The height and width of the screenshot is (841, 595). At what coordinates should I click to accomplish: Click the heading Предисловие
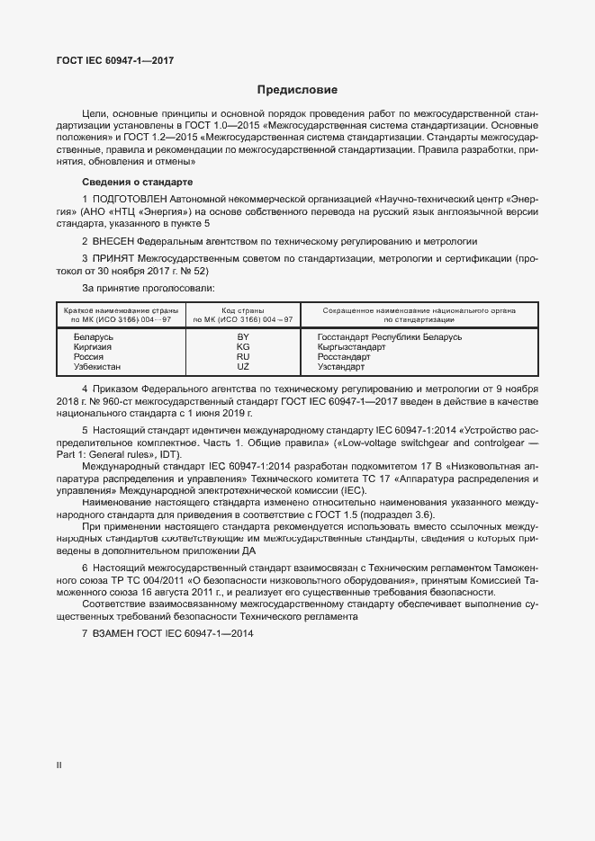point(297,90)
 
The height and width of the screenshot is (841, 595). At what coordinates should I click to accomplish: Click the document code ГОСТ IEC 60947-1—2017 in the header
point(115,60)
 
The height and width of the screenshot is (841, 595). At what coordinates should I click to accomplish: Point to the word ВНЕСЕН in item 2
point(113,242)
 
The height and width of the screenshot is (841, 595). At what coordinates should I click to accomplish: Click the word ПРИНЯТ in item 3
point(113,258)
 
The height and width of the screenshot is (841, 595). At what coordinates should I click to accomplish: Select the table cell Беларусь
point(93,337)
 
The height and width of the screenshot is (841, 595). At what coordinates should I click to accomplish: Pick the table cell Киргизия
point(94,347)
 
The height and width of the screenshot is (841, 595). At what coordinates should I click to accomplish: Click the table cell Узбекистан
point(97,367)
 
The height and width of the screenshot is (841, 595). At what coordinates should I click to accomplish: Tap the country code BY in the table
point(242,337)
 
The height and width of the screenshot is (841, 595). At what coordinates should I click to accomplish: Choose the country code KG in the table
point(242,347)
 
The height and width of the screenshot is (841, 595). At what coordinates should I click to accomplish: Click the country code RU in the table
point(242,357)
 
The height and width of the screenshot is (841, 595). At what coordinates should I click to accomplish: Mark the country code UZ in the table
point(242,367)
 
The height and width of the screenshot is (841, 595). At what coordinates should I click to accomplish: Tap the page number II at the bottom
point(59,765)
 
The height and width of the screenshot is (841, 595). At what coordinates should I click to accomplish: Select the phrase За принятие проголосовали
point(148,288)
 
